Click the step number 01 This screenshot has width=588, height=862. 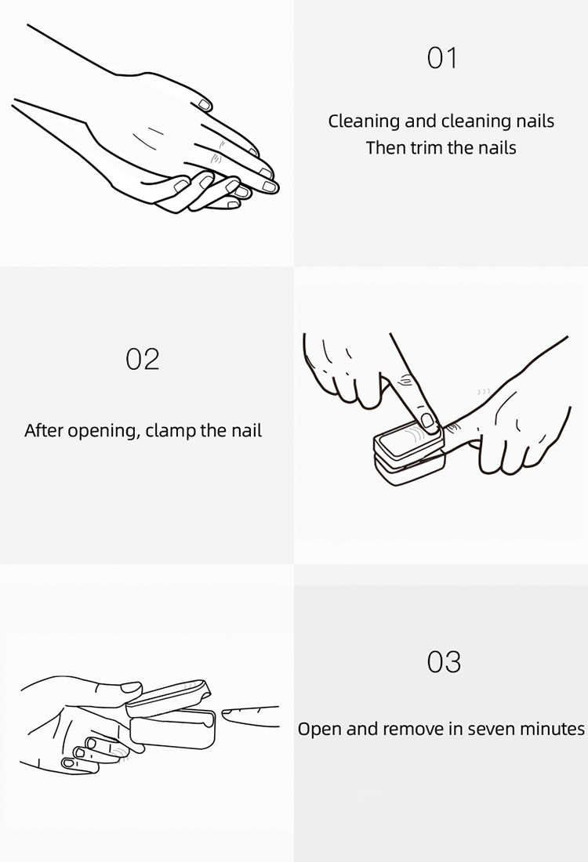click(x=441, y=58)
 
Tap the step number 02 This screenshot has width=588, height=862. click(x=143, y=359)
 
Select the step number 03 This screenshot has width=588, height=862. click(x=443, y=662)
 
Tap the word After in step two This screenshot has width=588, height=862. click(x=43, y=430)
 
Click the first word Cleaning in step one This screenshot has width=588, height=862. click(x=364, y=122)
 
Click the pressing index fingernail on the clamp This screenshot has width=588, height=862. click(x=427, y=420)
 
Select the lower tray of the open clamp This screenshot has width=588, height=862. click(x=172, y=729)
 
